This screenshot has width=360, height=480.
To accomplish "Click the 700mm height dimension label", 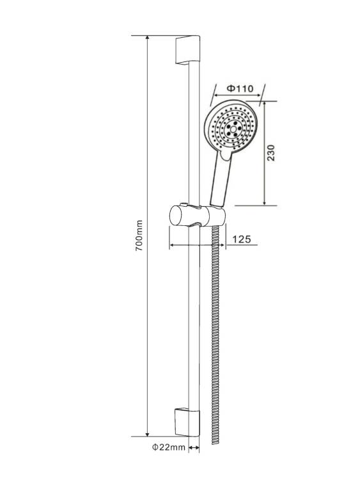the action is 139,235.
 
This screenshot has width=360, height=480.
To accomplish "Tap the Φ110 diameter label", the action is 240,88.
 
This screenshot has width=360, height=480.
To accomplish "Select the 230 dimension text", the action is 271,153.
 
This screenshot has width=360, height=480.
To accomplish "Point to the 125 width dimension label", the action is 242,239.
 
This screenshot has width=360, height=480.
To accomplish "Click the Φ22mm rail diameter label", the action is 169,447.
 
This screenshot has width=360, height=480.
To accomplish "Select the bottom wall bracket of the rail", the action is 187,422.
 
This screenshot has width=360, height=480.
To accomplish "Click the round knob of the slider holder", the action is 179,216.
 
